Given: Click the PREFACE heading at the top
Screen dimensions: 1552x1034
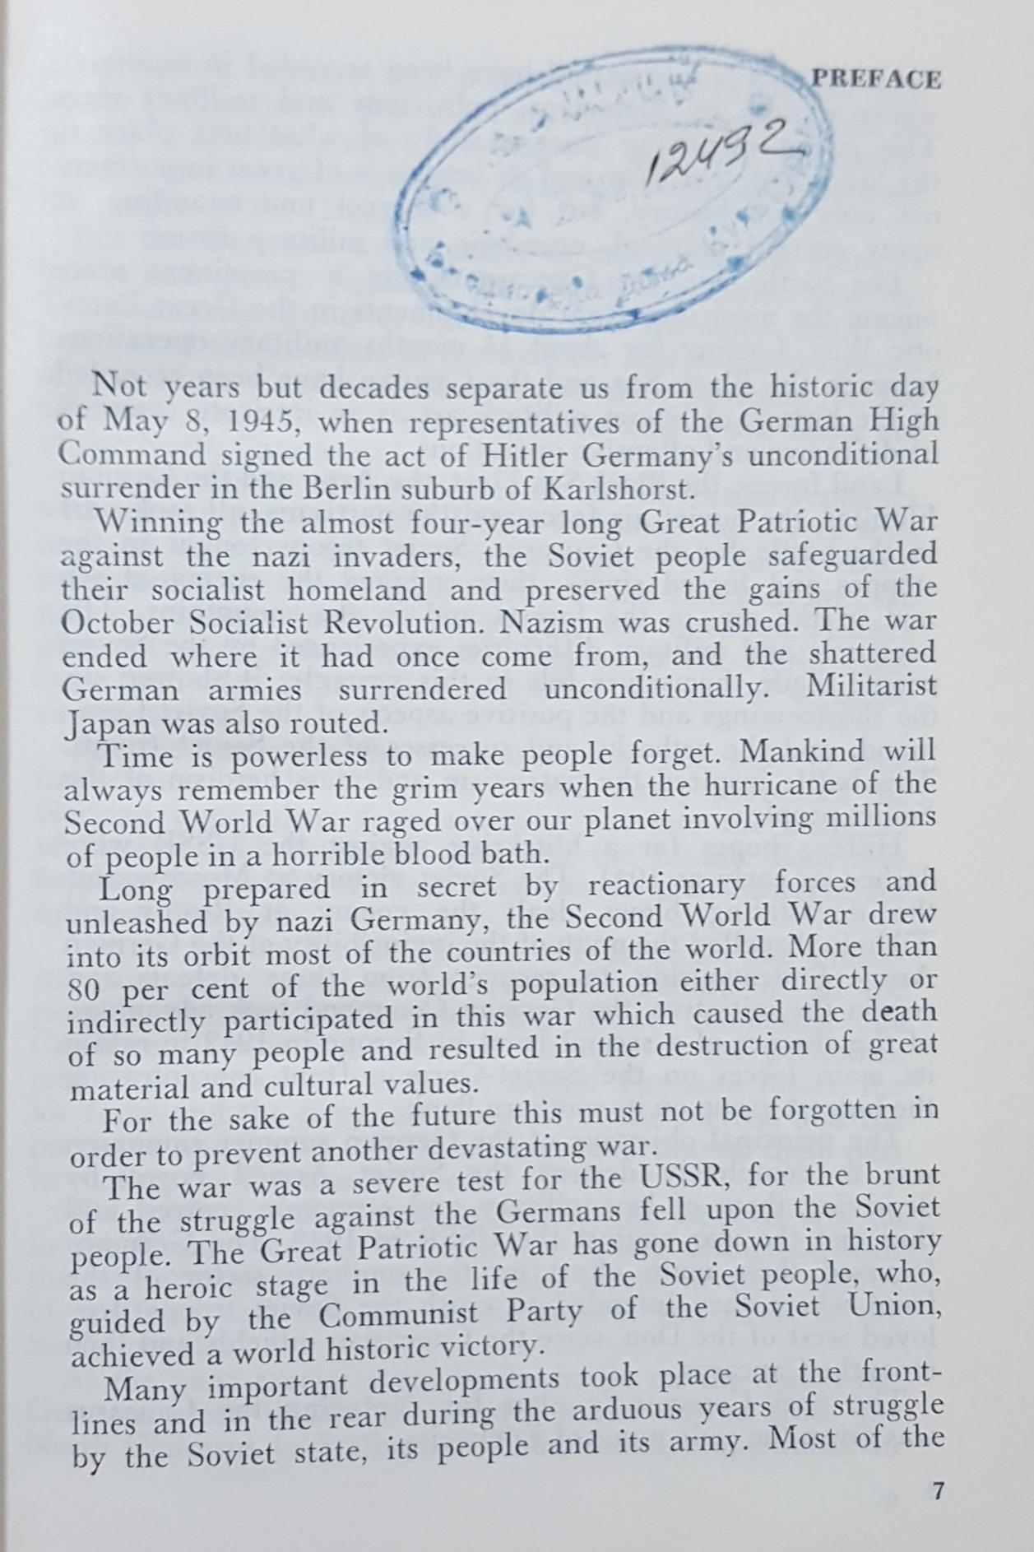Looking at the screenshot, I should [876, 79].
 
